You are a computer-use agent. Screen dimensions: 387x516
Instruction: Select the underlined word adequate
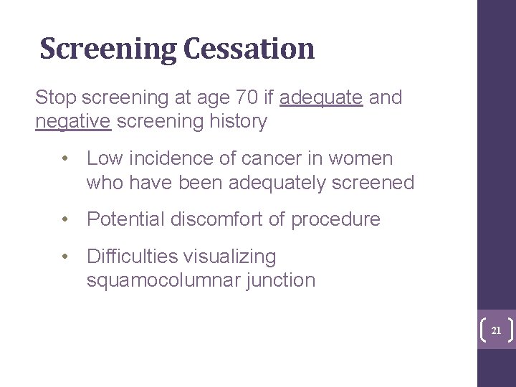tap(322, 98)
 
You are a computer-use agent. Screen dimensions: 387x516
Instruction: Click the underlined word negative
tap(73, 122)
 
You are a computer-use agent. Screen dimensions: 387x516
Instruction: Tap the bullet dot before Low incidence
tap(65, 158)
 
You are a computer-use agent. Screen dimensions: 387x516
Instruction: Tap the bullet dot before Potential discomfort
tap(65, 219)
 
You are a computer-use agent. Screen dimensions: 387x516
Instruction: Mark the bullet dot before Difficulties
tap(65, 256)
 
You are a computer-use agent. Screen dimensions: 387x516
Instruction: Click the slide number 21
tap(495, 331)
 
